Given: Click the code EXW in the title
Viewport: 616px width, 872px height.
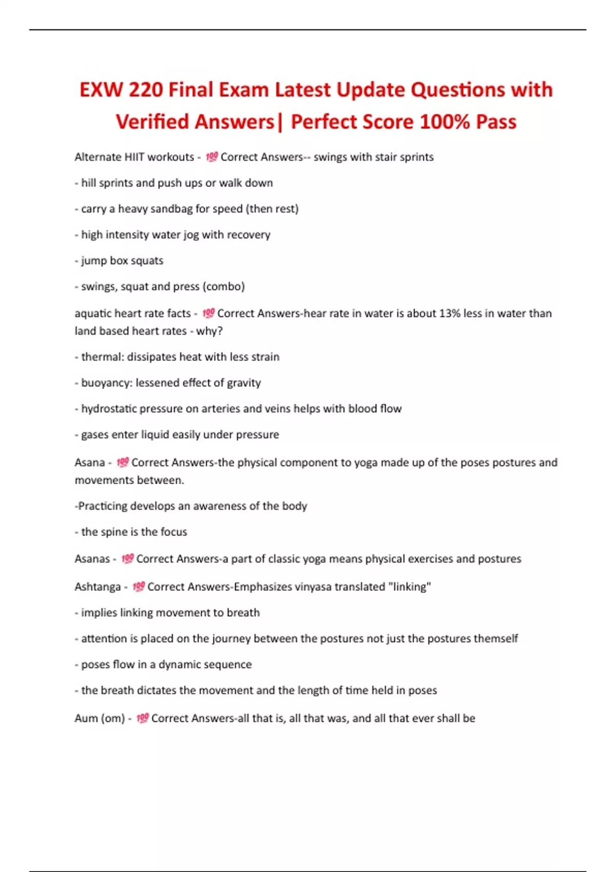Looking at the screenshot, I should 101,90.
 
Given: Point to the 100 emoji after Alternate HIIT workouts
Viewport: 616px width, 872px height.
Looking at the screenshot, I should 211,157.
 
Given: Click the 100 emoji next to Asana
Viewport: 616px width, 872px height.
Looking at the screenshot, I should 123,463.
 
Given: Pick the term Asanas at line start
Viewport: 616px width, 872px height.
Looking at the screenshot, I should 92,559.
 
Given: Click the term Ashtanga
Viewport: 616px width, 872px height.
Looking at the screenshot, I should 98,587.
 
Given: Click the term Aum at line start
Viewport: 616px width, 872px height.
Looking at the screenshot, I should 85,718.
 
